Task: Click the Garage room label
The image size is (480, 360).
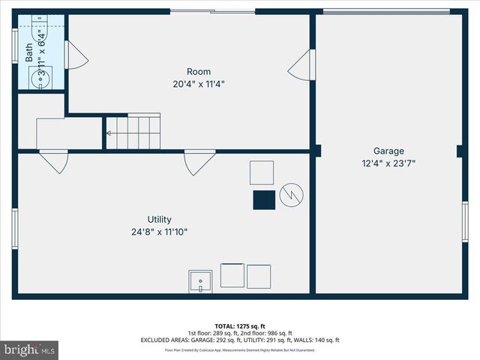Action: click(389, 150)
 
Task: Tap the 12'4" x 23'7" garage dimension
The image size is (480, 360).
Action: click(389, 162)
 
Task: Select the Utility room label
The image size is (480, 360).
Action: click(160, 220)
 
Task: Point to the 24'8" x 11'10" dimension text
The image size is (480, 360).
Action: click(160, 232)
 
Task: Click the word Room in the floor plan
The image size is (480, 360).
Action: click(199, 72)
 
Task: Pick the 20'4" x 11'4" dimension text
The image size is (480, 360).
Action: click(199, 84)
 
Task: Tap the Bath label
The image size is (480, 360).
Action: click(29, 52)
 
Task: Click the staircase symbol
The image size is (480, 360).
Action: click(133, 132)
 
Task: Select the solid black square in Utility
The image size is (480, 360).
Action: click(263, 200)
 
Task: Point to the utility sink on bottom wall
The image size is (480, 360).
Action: click(200, 282)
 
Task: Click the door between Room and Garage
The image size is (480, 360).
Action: click(300, 65)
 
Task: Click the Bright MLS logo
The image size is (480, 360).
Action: click(30, 349)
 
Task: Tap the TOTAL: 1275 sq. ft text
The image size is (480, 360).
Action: click(240, 326)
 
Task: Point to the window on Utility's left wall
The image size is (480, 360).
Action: click(14, 229)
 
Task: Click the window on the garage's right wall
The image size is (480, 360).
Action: click(465, 222)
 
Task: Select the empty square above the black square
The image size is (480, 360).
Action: click(262, 172)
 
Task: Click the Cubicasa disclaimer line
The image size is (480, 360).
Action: click(240, 350)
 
